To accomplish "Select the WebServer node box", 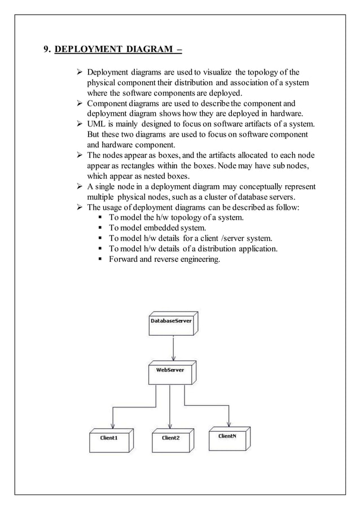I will click(170, 374).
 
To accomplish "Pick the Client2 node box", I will click(171, 439).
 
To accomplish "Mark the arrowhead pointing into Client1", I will click(113, 425).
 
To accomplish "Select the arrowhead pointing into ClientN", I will click(229, 424).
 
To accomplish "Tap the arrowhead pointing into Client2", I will click(170, 425).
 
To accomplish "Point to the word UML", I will click(96, 124).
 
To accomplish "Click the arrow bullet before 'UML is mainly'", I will click(80, 124).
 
